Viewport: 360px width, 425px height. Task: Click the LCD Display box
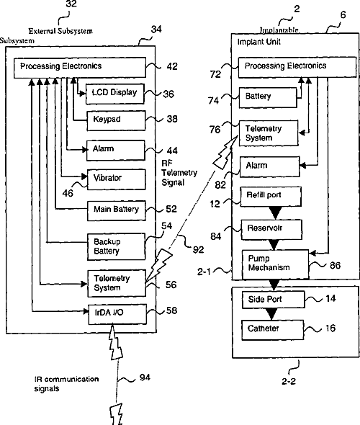115,94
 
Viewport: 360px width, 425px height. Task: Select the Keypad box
116,120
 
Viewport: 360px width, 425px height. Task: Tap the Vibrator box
116,179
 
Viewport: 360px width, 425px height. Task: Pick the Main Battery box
117,210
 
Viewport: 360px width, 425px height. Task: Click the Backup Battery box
116,247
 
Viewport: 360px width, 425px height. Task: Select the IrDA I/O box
117,314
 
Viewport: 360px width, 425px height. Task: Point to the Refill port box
271,197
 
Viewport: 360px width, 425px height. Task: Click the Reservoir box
271,230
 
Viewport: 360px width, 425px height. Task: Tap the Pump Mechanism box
275,264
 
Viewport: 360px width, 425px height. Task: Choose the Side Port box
274,300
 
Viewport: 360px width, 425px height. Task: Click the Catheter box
272,330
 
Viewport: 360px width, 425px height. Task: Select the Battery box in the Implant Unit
268,97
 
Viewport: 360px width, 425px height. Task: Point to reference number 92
198,249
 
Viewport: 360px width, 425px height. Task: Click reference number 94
145,377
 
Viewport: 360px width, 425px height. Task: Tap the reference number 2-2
289,381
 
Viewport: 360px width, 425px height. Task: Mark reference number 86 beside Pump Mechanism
335,265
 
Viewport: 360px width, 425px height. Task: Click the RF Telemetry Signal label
179,173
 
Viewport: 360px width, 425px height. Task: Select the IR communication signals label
66,383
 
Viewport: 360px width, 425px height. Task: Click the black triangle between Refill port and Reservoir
275,213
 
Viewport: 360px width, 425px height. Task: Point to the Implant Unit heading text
258,42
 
